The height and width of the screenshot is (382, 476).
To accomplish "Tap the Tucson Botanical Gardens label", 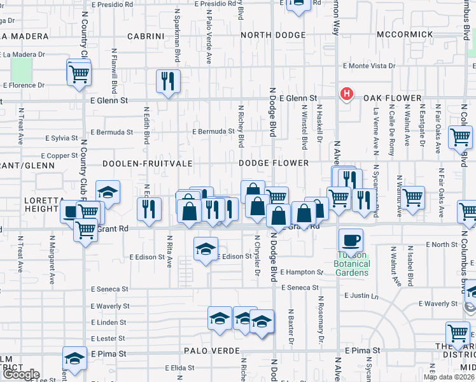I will pyautogui.click(x=352, y=264).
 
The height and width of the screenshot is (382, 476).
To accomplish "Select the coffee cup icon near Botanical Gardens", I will pyautogui.click(x=351, y=241).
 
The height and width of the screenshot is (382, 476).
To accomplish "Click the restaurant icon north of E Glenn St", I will pyautogui.click(x=168, y=81).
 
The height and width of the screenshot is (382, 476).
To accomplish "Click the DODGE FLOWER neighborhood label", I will pyautogui.click(x=274, y=163).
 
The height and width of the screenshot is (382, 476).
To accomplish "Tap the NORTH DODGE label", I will pyautogui.click(x=273, y=36).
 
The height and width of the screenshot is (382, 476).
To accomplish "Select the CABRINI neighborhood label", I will pyautogui.click(x=146, y=36).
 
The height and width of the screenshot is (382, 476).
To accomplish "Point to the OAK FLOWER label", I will pyautogui.click(x=392, y=98).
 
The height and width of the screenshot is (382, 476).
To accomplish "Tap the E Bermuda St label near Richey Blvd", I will pyautogui.click(x=214, y=132).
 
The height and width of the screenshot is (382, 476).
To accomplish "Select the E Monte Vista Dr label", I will pyautogui.click(x=369, y=66).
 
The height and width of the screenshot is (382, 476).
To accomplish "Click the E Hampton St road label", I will pyautogui.click(x=302, y=272).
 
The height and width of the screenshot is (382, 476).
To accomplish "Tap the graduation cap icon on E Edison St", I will pyautogui.click(x=206, y=249).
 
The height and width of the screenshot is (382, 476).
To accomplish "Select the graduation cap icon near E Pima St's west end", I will pyautogui.click(x=74, y=358).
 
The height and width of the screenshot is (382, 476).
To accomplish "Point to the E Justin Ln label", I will pyautogui.click(x=361, y=295).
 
